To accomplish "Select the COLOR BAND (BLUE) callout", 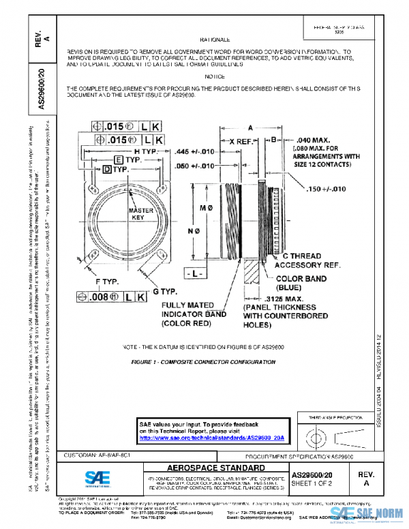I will (300, 283).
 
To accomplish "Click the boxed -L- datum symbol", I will (197, 273).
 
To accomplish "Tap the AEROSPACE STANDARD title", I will (215, 468).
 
